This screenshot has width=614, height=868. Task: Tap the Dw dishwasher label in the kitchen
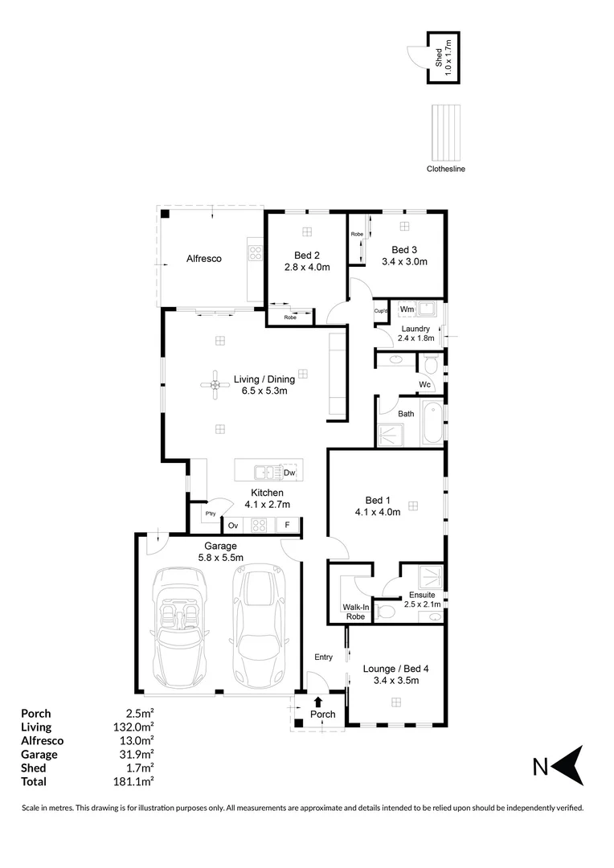[289, 473]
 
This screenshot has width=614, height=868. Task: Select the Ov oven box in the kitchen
[233, 526]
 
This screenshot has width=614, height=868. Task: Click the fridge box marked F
[287, 526]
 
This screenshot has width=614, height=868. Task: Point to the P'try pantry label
[211, 514]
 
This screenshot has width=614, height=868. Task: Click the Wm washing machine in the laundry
[407, 309]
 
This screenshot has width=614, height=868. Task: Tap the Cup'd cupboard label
[381, 311]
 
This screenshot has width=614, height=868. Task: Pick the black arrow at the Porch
[319, 702]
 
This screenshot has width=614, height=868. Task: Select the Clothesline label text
[446, 170]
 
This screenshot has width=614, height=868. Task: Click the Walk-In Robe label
[354, 612]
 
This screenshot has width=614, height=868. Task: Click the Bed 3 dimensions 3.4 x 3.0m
[409, 262]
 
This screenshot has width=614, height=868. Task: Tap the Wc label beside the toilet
[424, 385]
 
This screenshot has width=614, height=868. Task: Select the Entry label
[323, 657]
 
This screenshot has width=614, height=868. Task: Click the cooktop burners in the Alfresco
[256, 253]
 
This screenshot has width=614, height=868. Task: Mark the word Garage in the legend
[39, 754]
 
